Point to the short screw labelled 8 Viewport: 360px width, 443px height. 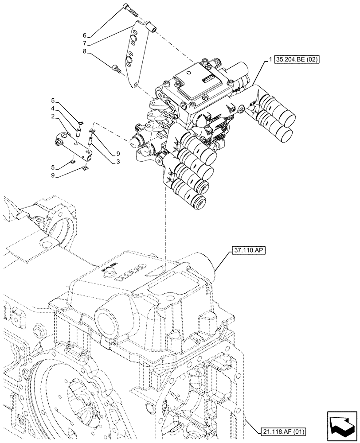(x=117, y=68)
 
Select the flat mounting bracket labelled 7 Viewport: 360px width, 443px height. (x=133, y=55)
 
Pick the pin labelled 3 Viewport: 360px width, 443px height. (x=91, y=142)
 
